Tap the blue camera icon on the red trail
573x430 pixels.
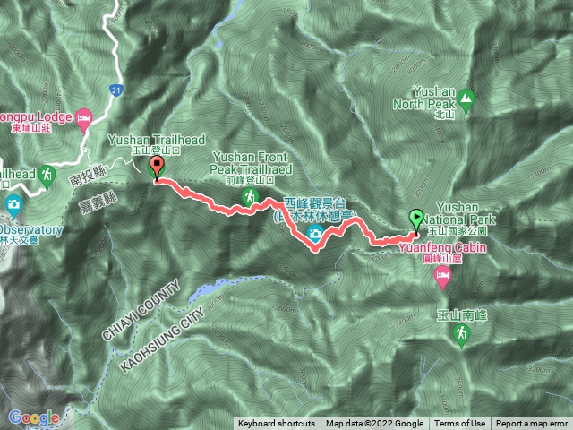(314, 235)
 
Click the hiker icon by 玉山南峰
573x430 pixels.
(460, 334)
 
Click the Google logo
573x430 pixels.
(34, 417)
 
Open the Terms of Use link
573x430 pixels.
(461, 424)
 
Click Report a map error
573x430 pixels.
(532, 424)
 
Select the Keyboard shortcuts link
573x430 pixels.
(277, 424)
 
